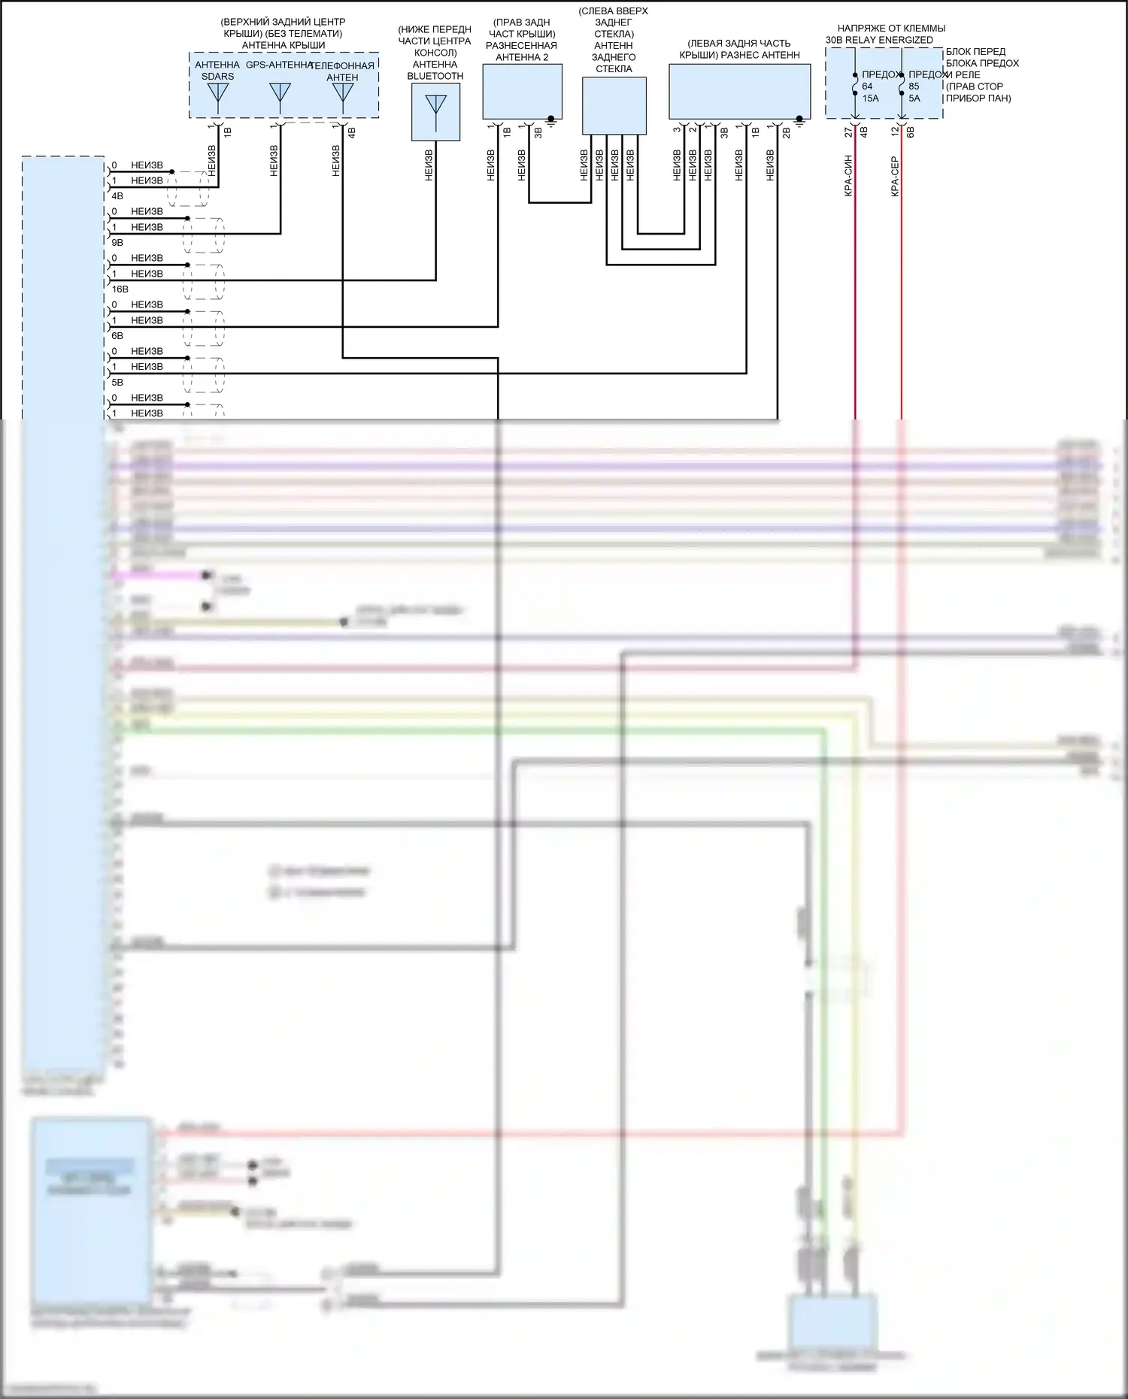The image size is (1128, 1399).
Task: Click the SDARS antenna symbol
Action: [218, 93]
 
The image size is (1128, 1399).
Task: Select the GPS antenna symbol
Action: [280, 93]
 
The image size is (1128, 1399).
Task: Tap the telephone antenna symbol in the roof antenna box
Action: [343, 93]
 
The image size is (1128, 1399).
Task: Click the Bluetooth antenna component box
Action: [435, 112]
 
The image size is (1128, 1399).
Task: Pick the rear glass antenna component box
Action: [614, 106]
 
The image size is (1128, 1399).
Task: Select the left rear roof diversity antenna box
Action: [739, 91]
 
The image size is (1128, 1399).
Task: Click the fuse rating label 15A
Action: [870, 98]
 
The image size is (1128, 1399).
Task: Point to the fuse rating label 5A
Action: [914, 98]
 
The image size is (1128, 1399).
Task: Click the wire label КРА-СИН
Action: [848, 176]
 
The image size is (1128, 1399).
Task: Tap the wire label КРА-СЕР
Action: [895, 176]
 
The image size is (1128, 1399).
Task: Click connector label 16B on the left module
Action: [120, 289]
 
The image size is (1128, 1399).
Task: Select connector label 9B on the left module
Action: [117, 243]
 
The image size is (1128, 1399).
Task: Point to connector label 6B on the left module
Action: [117, 336]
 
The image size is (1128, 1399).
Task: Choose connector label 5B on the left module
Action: [117, 383]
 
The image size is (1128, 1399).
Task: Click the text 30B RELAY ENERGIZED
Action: [879, 40]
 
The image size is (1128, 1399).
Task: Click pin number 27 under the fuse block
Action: [848, 132]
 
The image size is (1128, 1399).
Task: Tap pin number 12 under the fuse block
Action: [895, 132]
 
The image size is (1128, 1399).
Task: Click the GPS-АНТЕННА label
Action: [278, 65]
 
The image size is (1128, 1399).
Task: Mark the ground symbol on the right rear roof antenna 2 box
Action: [551, 120]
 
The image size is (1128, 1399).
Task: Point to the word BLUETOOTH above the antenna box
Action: [435, 76]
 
